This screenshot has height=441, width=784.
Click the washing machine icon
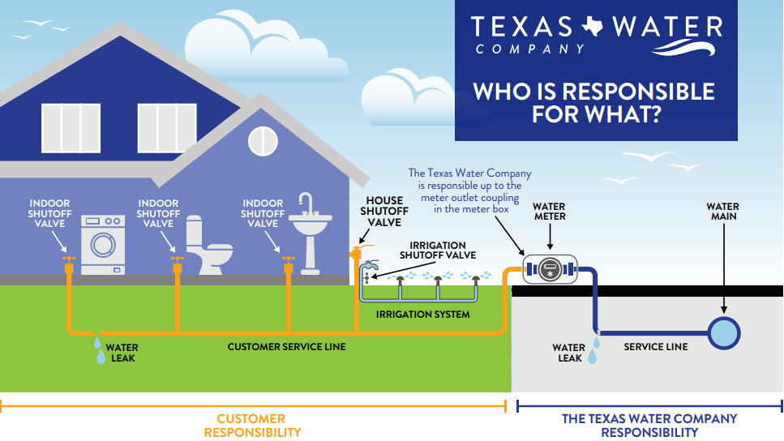point(103,244)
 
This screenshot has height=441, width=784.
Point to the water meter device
point(549,270)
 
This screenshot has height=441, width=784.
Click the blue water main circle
point(723,332)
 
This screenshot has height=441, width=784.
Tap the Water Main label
point(722,212)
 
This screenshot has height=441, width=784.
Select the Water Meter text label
point(549,212)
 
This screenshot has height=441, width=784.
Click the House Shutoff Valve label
point(385,211)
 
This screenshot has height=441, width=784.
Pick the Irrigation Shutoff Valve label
point(438,250)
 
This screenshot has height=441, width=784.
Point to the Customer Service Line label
point(286,347)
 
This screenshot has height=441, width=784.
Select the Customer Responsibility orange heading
point(251,426)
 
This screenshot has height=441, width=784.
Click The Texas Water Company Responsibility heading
point(649,426)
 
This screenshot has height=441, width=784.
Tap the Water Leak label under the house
point(122,353)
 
